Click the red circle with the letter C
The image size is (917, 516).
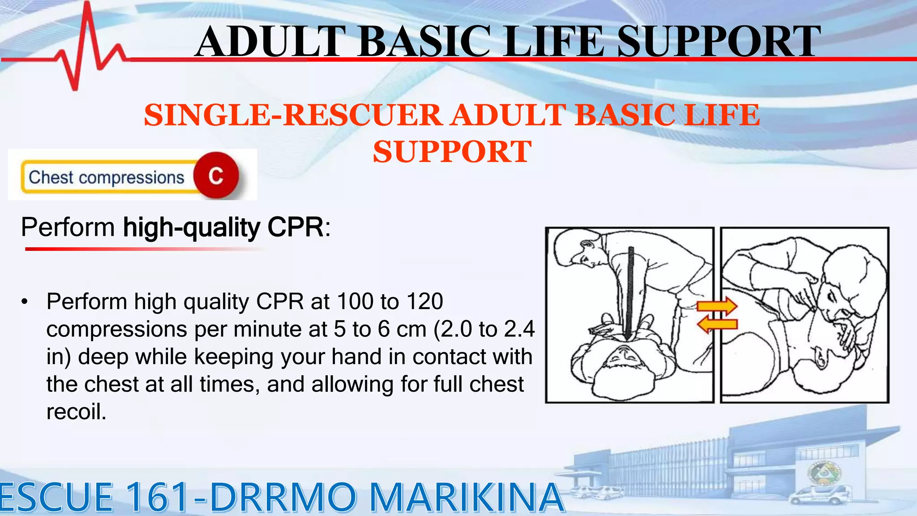(216, 176)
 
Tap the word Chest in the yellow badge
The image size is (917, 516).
(51, 177)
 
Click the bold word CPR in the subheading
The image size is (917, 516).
(296, 228)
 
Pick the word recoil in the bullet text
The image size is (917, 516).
(76, 412)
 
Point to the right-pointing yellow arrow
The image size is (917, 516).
(717, 306)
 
